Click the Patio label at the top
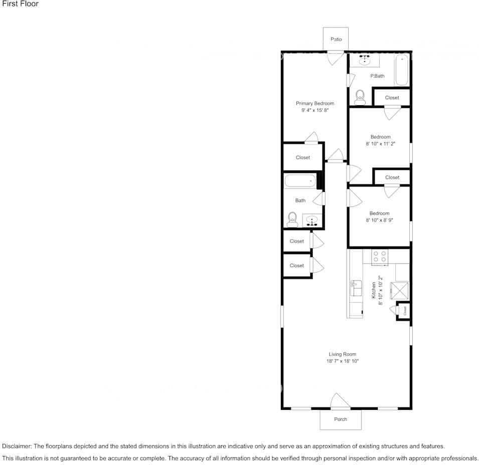pos(336,39)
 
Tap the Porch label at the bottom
pos(341,419)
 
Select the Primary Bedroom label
pos(314,103)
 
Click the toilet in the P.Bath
pos(360,97)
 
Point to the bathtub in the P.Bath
pos(402,71)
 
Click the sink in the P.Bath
pos(364,60)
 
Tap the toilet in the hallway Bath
pos(292,219)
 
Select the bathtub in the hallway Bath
pos(300,181)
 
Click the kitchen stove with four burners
pos(380,257)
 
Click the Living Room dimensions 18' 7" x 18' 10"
pos(343,361)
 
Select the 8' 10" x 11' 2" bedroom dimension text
pos(380,144)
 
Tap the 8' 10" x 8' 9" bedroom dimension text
pos(379,220)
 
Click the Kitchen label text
pos(374,291)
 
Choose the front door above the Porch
pos(340,402)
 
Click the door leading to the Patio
pos(335,57)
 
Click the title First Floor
pos(20,4)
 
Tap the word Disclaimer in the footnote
pos(17,446)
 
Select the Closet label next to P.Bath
pos(392,98)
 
